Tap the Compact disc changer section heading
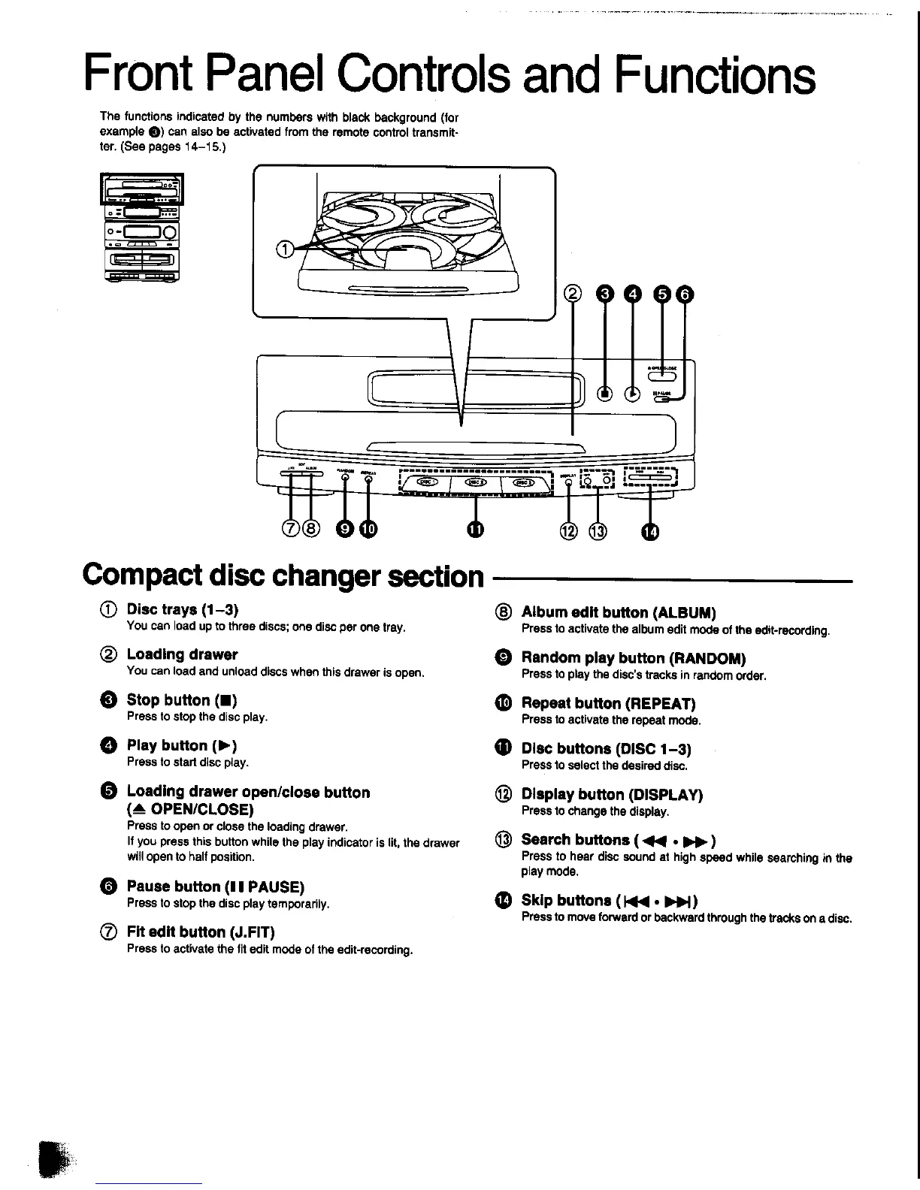284,575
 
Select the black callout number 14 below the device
650,532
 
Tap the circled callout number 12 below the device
569,531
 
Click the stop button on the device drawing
604,393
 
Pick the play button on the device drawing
633,393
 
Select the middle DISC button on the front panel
477,483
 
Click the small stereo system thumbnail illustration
142,228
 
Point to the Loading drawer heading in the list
182,654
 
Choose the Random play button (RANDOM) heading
633,659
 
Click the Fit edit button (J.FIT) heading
201,932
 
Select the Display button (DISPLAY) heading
612,794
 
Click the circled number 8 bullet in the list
504,612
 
